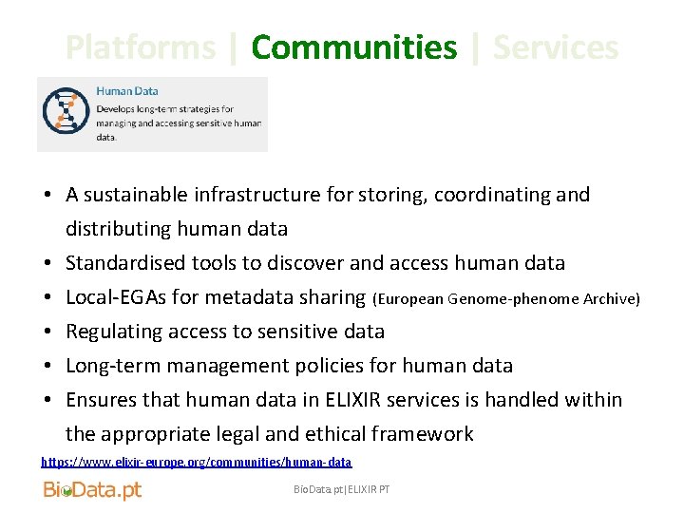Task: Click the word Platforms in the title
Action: (141, 47)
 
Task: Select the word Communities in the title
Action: (353, 47)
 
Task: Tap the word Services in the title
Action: (556, 47)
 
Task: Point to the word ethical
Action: (335, 434)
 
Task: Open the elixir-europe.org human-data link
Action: (196, 463)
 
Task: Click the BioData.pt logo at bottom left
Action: (92, 490)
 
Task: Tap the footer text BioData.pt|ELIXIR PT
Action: (341, 489)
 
